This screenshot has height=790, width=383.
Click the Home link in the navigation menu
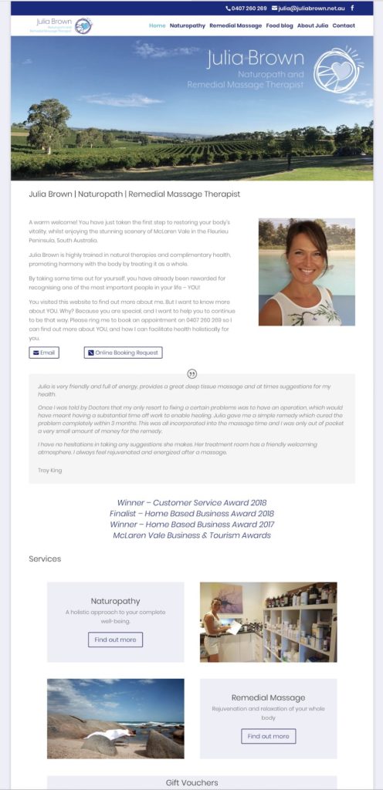click(157, 25)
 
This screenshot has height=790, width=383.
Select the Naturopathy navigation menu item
click(188, 25)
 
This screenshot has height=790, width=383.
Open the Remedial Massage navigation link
click(236, 25)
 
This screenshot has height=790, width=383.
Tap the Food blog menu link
click(280, 25)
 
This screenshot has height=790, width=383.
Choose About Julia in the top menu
click(313, 25)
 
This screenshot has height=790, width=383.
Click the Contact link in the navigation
click(344, 25)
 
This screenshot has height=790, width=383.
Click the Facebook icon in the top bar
click(353, 8)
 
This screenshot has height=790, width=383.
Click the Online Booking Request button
click(124, 353)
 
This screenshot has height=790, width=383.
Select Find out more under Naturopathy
click(116, 640)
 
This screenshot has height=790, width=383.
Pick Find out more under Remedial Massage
click(269, 736)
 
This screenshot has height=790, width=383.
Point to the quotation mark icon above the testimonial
click(192, 374)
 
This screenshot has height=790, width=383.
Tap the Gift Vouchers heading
click(191, 782)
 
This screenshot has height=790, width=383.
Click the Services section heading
click(45, 559)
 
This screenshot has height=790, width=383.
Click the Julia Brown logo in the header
click(61, 25)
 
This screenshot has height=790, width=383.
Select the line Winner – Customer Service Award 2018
click(191, 502)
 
